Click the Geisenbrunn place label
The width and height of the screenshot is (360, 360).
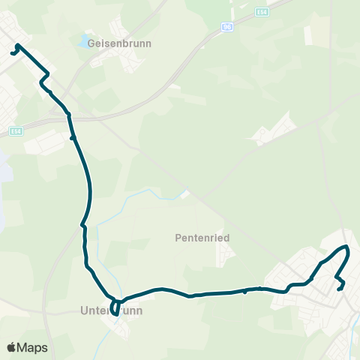click(x=120, y=43)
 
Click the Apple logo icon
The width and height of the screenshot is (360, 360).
click(x=11, y=347)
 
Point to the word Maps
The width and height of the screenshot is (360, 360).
click(x=32, y=347)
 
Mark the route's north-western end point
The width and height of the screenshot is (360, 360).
click(x=11, y=53)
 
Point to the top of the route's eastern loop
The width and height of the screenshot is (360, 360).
click(x=346, y=247)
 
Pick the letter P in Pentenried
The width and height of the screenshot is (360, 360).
click(x=176, y=237)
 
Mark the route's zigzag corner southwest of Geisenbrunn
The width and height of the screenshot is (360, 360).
click(x=45, y=78)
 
